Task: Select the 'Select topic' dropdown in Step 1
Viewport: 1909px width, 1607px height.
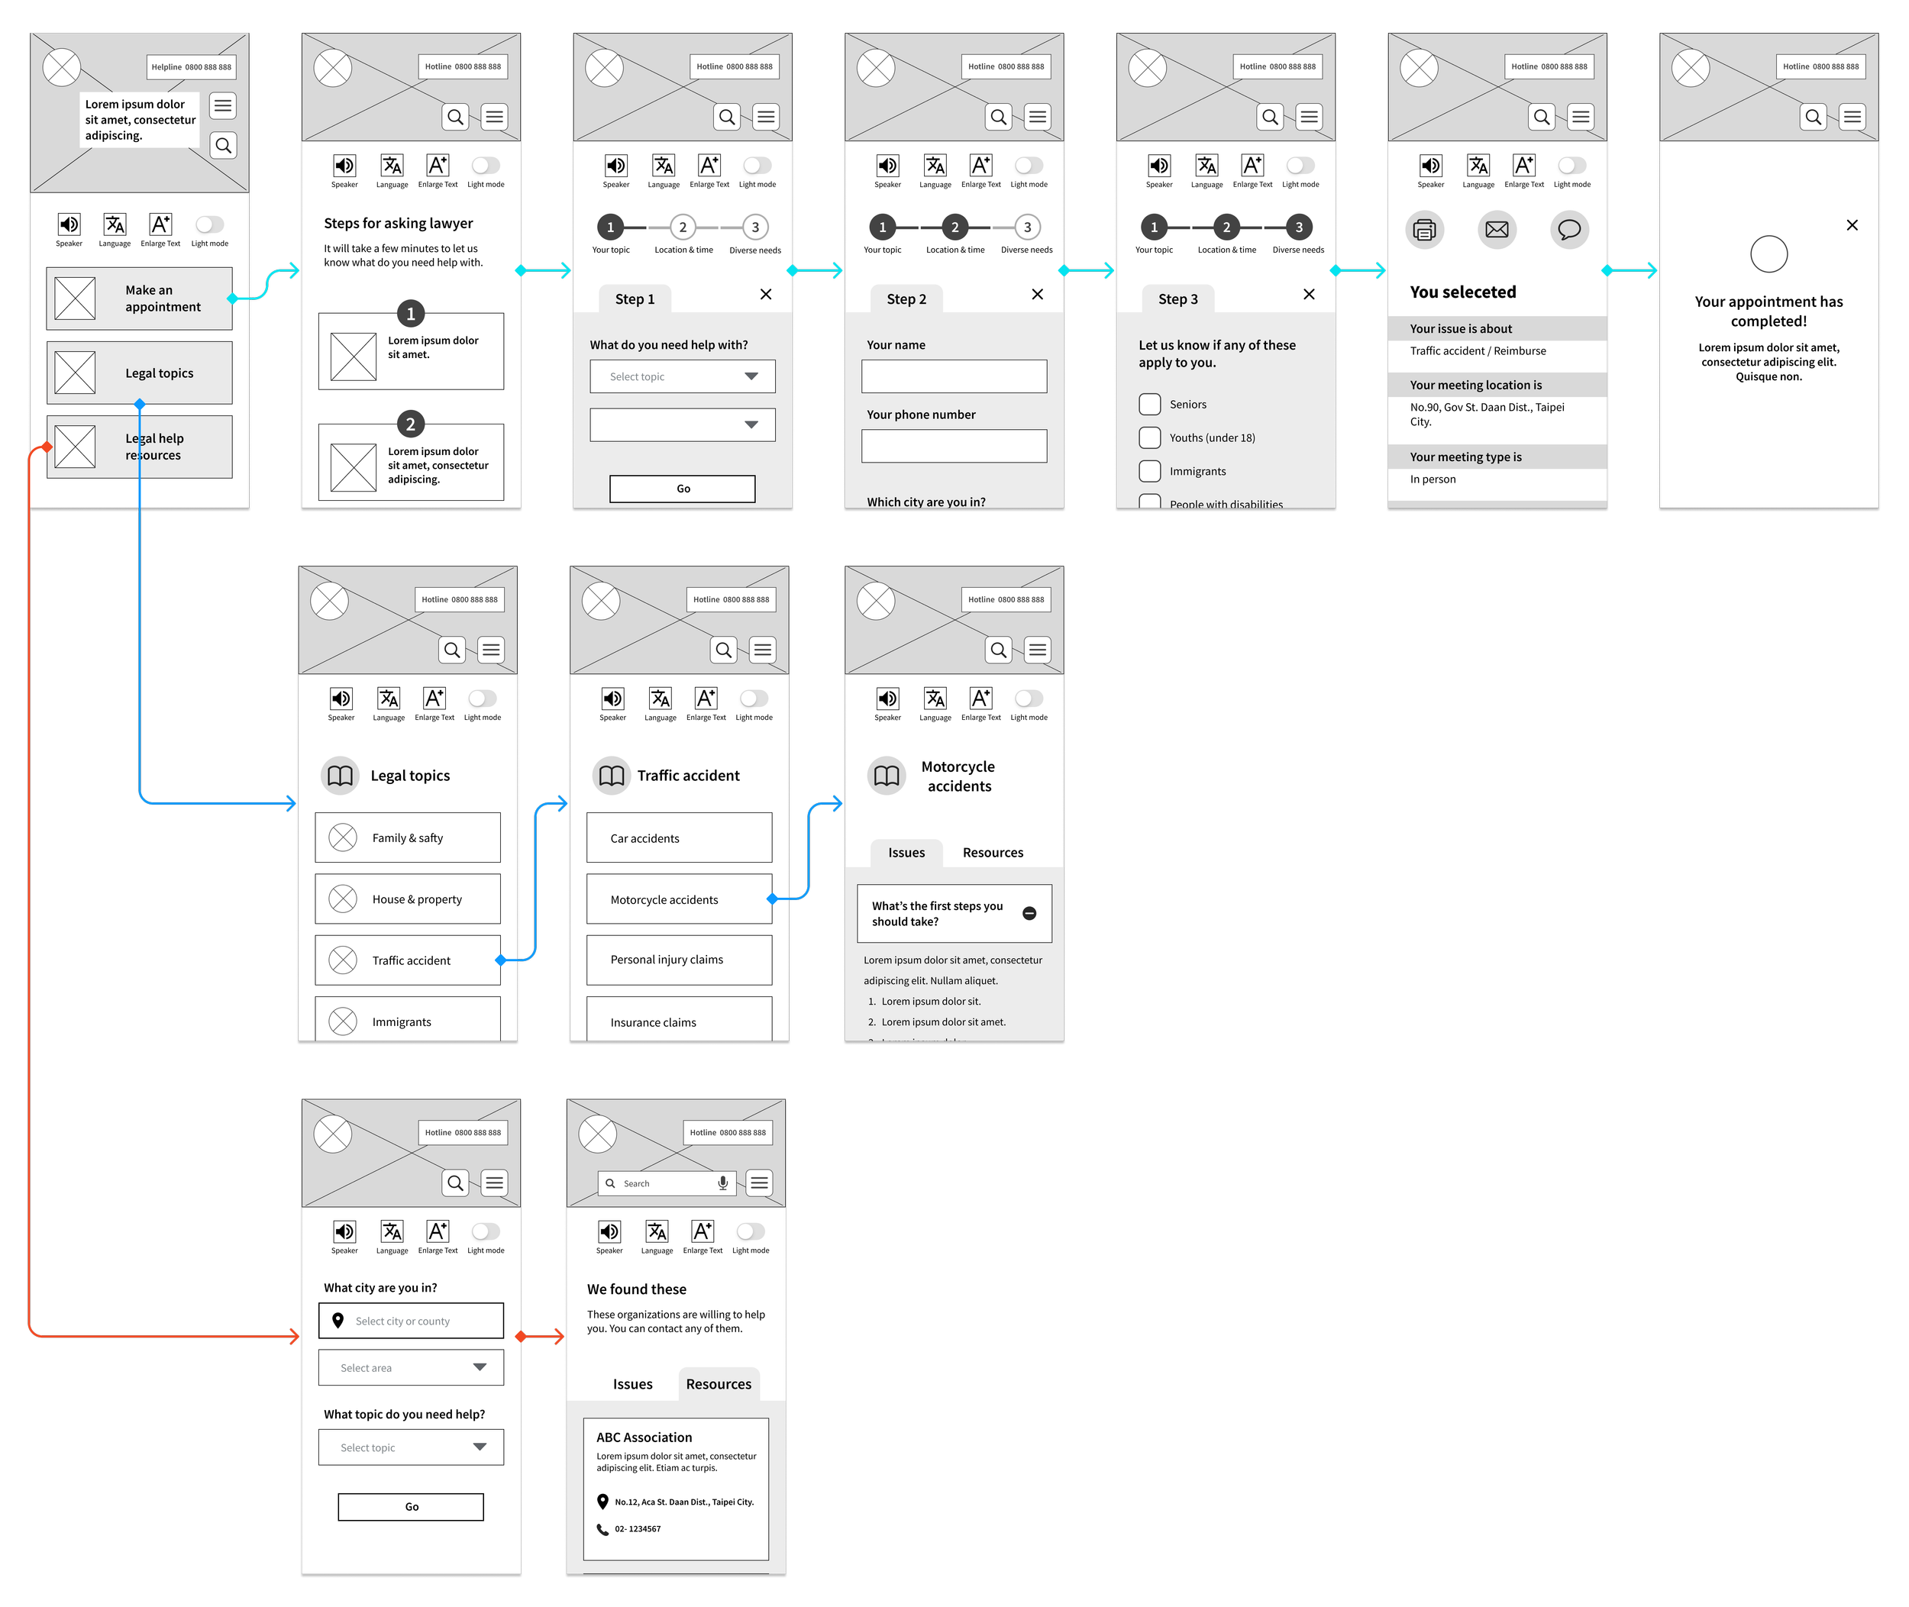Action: point(683,376)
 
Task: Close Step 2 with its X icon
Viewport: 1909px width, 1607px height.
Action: point(1037,294)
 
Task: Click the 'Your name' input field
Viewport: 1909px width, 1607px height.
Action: point(954,376)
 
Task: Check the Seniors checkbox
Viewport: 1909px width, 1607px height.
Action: point(1150,405)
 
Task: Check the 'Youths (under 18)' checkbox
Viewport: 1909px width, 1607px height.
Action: point(1150,438)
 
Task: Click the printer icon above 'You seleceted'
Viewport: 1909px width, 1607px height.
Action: point(1424,230)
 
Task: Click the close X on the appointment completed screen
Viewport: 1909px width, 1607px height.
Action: point(1852,225)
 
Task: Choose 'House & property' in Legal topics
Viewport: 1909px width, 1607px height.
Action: point(407,899)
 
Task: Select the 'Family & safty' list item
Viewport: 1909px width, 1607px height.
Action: point(407,837)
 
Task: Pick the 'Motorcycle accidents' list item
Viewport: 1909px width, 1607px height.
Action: point(679,899)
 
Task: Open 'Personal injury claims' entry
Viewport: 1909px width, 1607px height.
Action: point(679,960)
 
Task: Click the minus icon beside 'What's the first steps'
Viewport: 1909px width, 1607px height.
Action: point(1029,914)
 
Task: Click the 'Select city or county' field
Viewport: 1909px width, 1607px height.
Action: point(411,1321)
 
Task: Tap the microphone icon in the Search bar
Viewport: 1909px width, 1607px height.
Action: point(722,1183)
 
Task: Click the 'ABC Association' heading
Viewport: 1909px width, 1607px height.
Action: point(644,1438)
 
